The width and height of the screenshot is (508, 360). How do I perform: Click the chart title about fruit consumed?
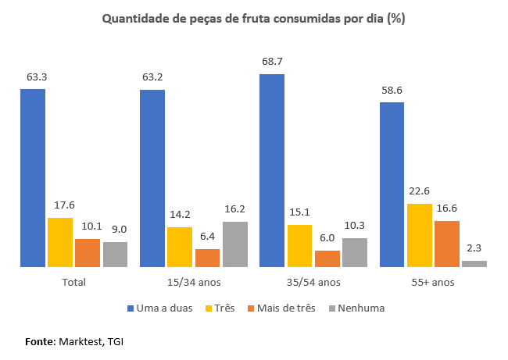(254, 18)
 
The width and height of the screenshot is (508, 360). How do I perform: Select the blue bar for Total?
(33, 178)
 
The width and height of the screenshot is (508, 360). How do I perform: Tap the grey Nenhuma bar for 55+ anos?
(474, 264)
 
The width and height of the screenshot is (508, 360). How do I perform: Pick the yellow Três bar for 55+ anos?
(419, 235)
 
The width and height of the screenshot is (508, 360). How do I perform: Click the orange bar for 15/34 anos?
(207, 258)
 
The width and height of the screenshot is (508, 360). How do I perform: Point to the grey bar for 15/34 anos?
(234, 244)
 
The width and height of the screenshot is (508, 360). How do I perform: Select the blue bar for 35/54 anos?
(272, 170)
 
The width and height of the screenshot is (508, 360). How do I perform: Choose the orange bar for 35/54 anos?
(327, 258)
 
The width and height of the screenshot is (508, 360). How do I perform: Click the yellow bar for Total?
(60, 242)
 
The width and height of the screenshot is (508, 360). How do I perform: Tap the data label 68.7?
(272, 61)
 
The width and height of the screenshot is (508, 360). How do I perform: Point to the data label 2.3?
(474, 248)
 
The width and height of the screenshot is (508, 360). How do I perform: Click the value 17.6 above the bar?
(60, 205)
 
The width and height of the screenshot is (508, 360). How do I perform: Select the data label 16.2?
(234, 209)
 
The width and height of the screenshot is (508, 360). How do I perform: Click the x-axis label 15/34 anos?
(194, 281)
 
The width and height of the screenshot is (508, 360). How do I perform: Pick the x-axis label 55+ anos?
(433, 281)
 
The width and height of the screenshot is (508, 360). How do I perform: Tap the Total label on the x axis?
(73, 281)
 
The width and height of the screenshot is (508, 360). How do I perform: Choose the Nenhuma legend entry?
(360, 308)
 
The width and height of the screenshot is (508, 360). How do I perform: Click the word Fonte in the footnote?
(40, 341)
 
